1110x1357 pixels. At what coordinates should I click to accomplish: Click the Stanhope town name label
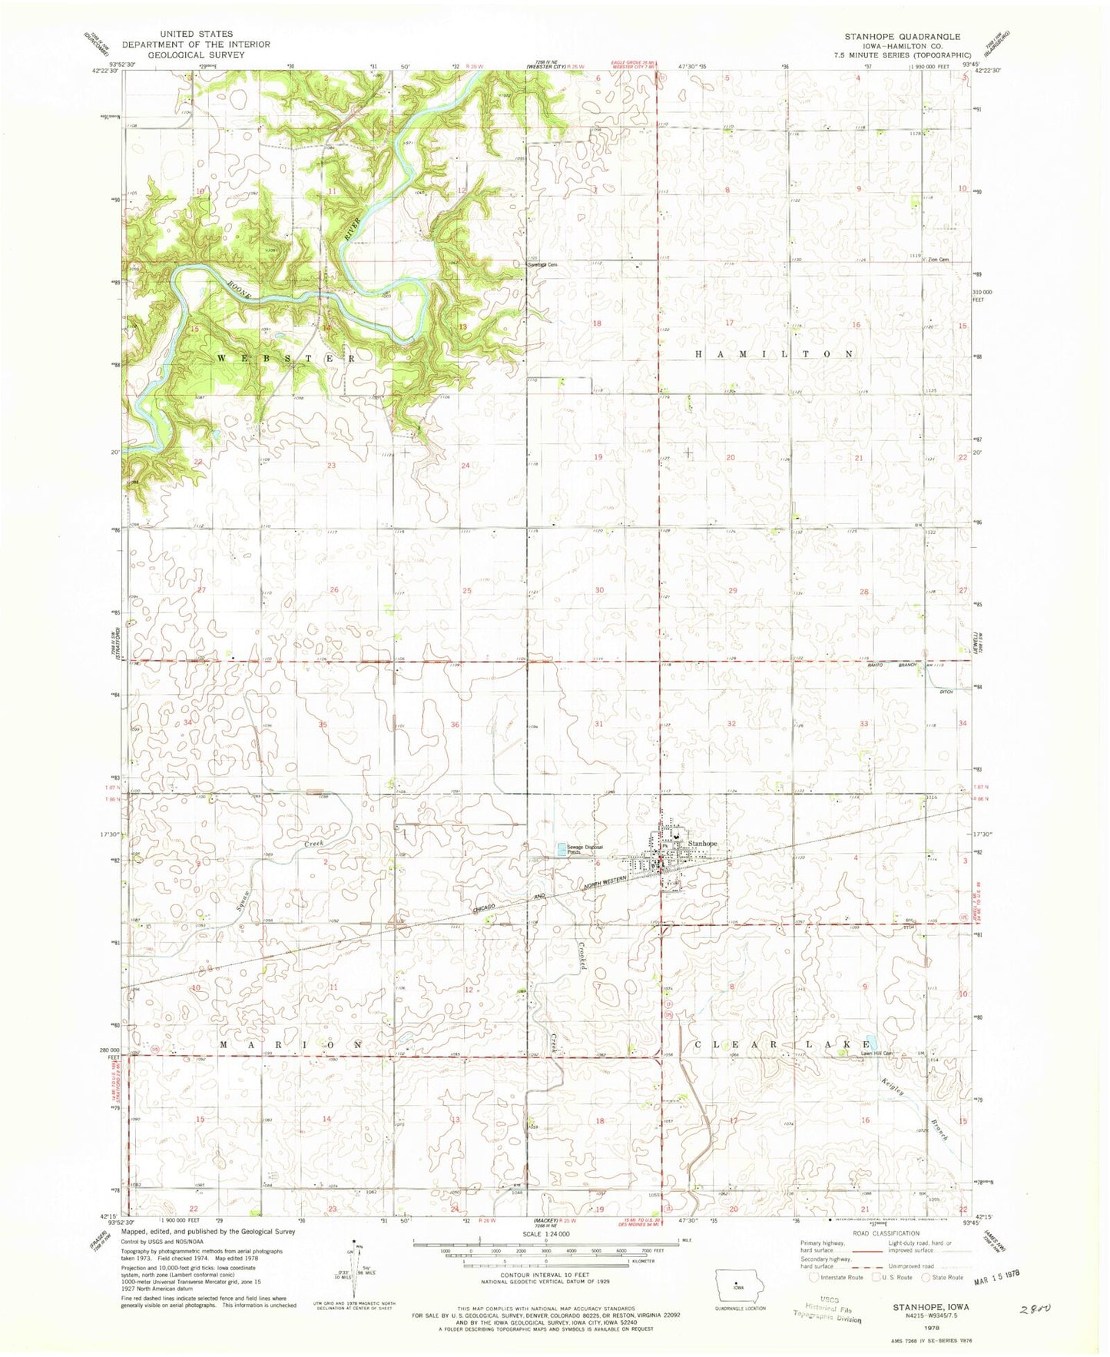coord(703,844)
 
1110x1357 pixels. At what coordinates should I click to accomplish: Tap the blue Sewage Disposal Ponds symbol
coord(562,848)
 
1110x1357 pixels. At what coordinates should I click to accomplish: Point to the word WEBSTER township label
coord(286,358)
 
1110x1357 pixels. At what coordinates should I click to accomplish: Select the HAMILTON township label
coord(774,354)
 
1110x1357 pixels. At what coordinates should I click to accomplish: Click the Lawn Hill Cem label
coord(876,1053)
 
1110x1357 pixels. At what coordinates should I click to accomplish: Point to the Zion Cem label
coord(938,260)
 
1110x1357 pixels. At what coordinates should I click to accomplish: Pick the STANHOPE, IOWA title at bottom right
coord(931,1306)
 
